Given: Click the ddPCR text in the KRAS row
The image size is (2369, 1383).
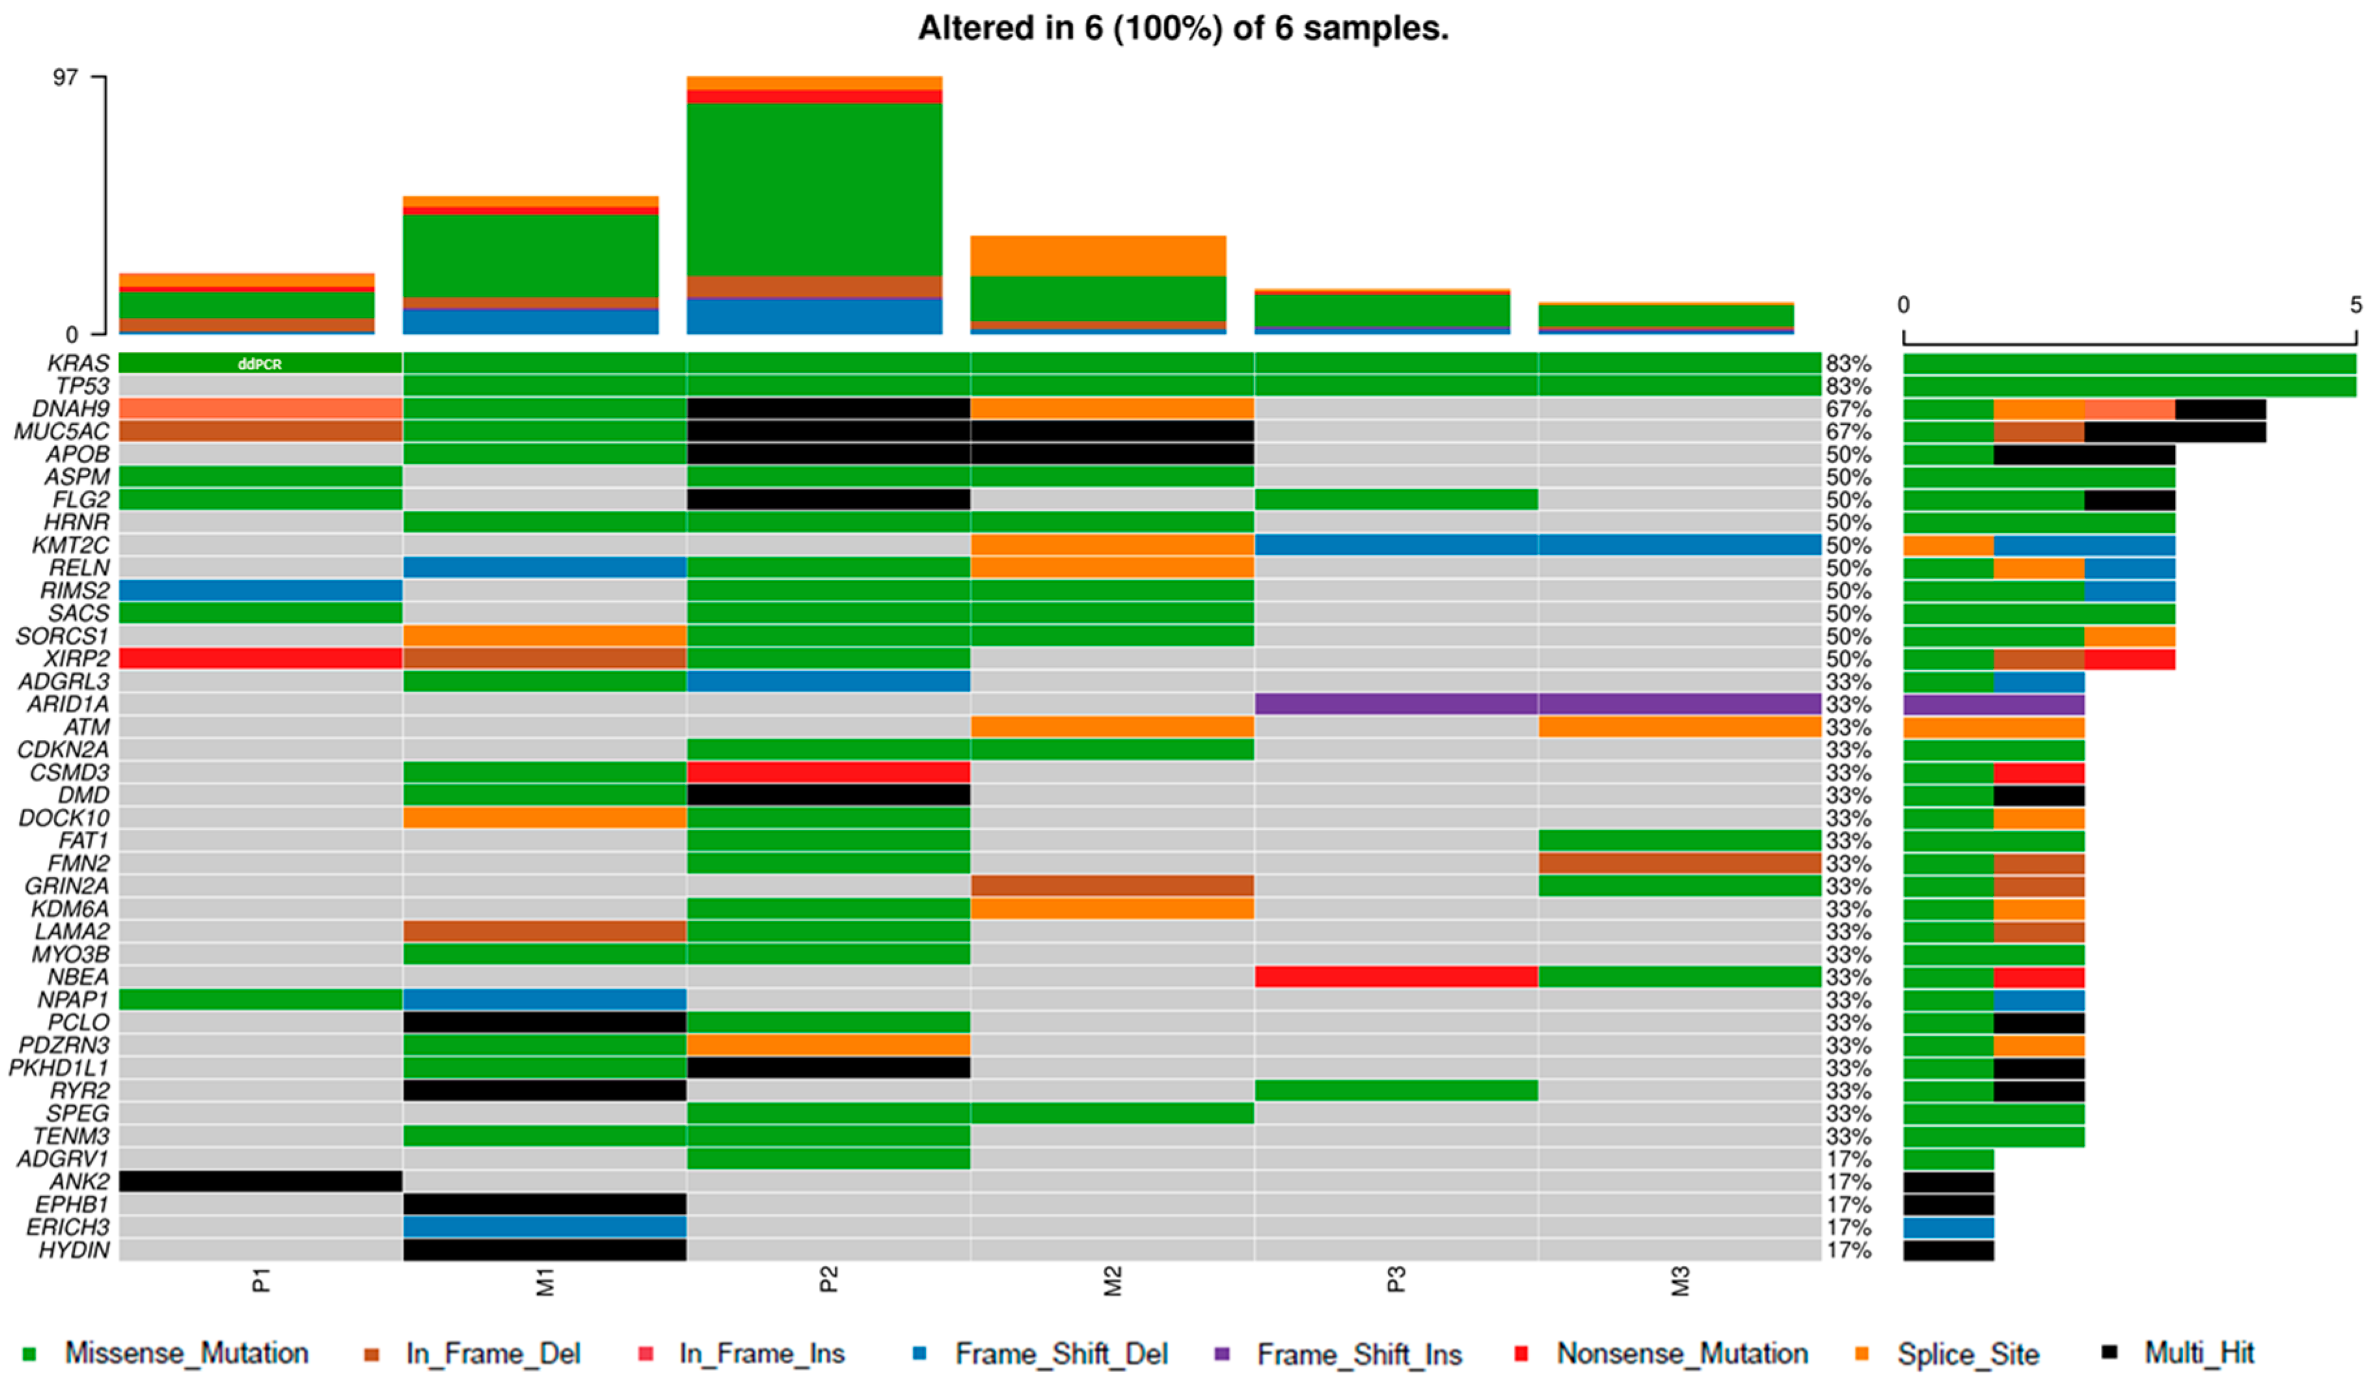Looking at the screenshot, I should point(260,364).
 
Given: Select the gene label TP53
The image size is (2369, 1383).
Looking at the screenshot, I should point(82,385).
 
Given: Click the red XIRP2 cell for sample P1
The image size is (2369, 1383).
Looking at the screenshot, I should point(260,658).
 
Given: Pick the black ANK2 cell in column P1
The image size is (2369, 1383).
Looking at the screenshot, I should point(260,1181).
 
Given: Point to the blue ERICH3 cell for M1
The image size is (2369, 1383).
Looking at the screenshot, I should point(545,1226).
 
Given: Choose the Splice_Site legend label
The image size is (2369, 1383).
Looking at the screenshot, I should point(1967,1354).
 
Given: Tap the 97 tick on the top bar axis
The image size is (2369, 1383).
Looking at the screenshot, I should point(66,77).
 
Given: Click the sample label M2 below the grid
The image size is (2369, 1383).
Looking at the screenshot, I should point(1112,1281).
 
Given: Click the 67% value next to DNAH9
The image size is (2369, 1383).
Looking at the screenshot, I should point(1848,409).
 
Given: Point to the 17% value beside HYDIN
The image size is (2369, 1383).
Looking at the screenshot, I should point(1848,1250).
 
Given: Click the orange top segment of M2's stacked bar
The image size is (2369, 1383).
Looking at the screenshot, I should point(1098,256).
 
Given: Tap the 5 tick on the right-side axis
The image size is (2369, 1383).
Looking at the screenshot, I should point(2355,305).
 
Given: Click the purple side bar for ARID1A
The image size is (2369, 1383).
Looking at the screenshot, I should point(1993,704).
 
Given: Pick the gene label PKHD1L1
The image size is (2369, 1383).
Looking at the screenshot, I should point(59,1068).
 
